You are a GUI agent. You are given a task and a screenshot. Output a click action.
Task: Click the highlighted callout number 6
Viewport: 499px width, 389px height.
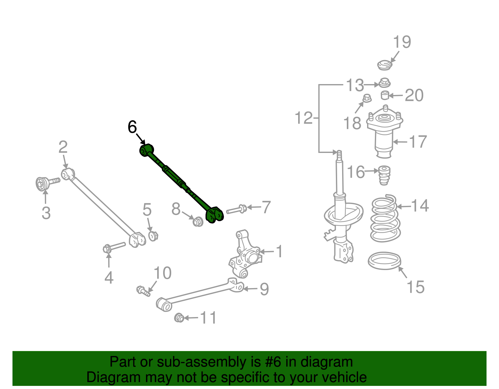(x=132, y=127)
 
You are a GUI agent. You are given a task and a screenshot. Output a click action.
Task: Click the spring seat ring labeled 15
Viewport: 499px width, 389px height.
(x=384, y=261)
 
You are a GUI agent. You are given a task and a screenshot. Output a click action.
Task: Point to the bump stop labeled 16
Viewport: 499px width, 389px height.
(x=384, y=175)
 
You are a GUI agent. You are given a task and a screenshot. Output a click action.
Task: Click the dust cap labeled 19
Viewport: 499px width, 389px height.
(x=384, y=65)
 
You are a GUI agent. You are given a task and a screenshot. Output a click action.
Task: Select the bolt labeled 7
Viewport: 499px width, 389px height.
(x=236, y=209)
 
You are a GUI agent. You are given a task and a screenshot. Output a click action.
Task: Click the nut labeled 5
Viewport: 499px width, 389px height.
(x=153, y=236)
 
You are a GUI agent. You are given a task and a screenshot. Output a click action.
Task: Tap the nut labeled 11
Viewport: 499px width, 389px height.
(x=179, y=318)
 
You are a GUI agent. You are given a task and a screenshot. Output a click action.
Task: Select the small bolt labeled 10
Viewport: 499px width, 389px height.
(x=143, y=291)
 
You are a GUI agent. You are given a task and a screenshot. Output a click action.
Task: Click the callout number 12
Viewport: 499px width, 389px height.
(x=303, y=118)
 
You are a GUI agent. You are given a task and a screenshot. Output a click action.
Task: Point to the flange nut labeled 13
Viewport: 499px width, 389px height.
(x=385, y=83)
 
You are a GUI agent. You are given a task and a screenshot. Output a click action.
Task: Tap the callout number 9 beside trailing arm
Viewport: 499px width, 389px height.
(x=264, y=289)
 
